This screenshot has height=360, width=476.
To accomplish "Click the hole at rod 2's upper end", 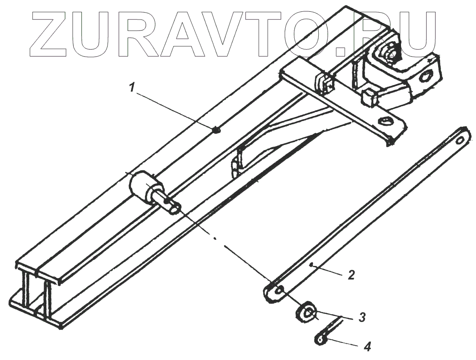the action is [461, 140].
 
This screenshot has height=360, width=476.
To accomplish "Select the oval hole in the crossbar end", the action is [385, 121].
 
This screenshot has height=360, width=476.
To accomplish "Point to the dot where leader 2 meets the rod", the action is [311, 265].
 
